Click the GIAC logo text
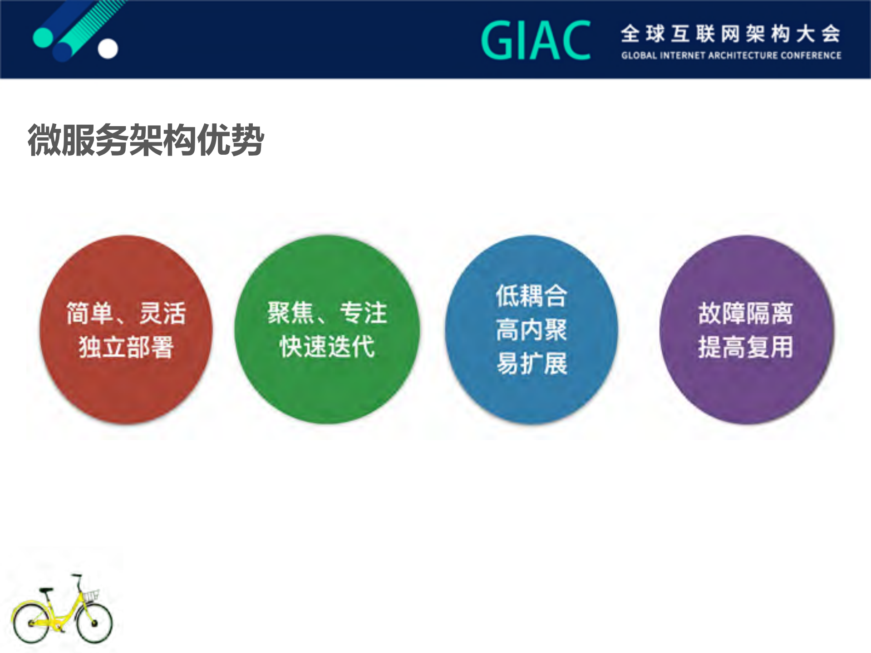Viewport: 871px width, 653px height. click(536, 41)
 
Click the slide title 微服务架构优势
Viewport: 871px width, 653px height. click(146, 140)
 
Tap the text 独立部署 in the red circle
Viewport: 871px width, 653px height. click(126, 348)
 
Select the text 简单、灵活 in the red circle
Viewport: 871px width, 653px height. click(126, 313)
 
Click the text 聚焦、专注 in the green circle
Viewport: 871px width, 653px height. click(327, 313)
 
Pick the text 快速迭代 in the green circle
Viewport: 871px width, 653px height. click(327, 347)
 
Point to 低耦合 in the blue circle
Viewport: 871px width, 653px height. click(531, 296)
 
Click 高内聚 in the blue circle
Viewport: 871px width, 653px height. click(531, 330)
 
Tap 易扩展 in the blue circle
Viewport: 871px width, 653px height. click(531, 363)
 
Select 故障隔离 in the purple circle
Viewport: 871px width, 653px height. click(746, 313)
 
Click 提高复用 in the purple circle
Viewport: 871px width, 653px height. click(746, 348)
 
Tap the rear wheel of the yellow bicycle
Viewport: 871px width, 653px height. click(31, 623)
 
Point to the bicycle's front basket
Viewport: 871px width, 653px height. click(91, 596)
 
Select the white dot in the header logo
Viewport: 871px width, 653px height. click(108, 49)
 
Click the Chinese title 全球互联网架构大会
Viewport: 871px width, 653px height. click(731, 34)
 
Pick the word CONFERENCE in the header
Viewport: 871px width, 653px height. click(814, 56)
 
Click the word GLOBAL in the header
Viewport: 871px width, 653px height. click(639, 56)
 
